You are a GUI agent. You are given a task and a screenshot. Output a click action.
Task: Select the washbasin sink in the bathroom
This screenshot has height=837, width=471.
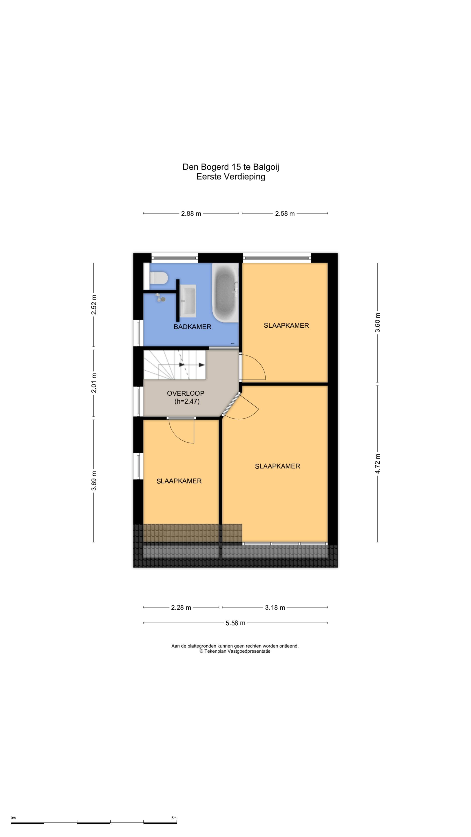coord(188,301)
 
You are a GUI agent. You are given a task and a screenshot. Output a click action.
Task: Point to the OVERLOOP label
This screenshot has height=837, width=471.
coord(186,393)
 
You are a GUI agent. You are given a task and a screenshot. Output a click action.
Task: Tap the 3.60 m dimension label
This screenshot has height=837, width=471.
coord(377,323)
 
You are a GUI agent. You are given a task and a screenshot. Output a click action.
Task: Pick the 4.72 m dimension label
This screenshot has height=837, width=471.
coord(377,464)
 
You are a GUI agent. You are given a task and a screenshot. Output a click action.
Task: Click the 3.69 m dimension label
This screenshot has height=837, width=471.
coord(94,481)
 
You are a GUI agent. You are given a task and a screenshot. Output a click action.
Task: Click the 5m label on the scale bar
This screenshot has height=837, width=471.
coord(174,818)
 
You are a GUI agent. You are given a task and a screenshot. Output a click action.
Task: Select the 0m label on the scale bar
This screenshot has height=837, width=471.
coord(13,818)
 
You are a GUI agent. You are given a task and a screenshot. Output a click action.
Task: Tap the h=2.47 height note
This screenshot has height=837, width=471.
coord(187,401)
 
